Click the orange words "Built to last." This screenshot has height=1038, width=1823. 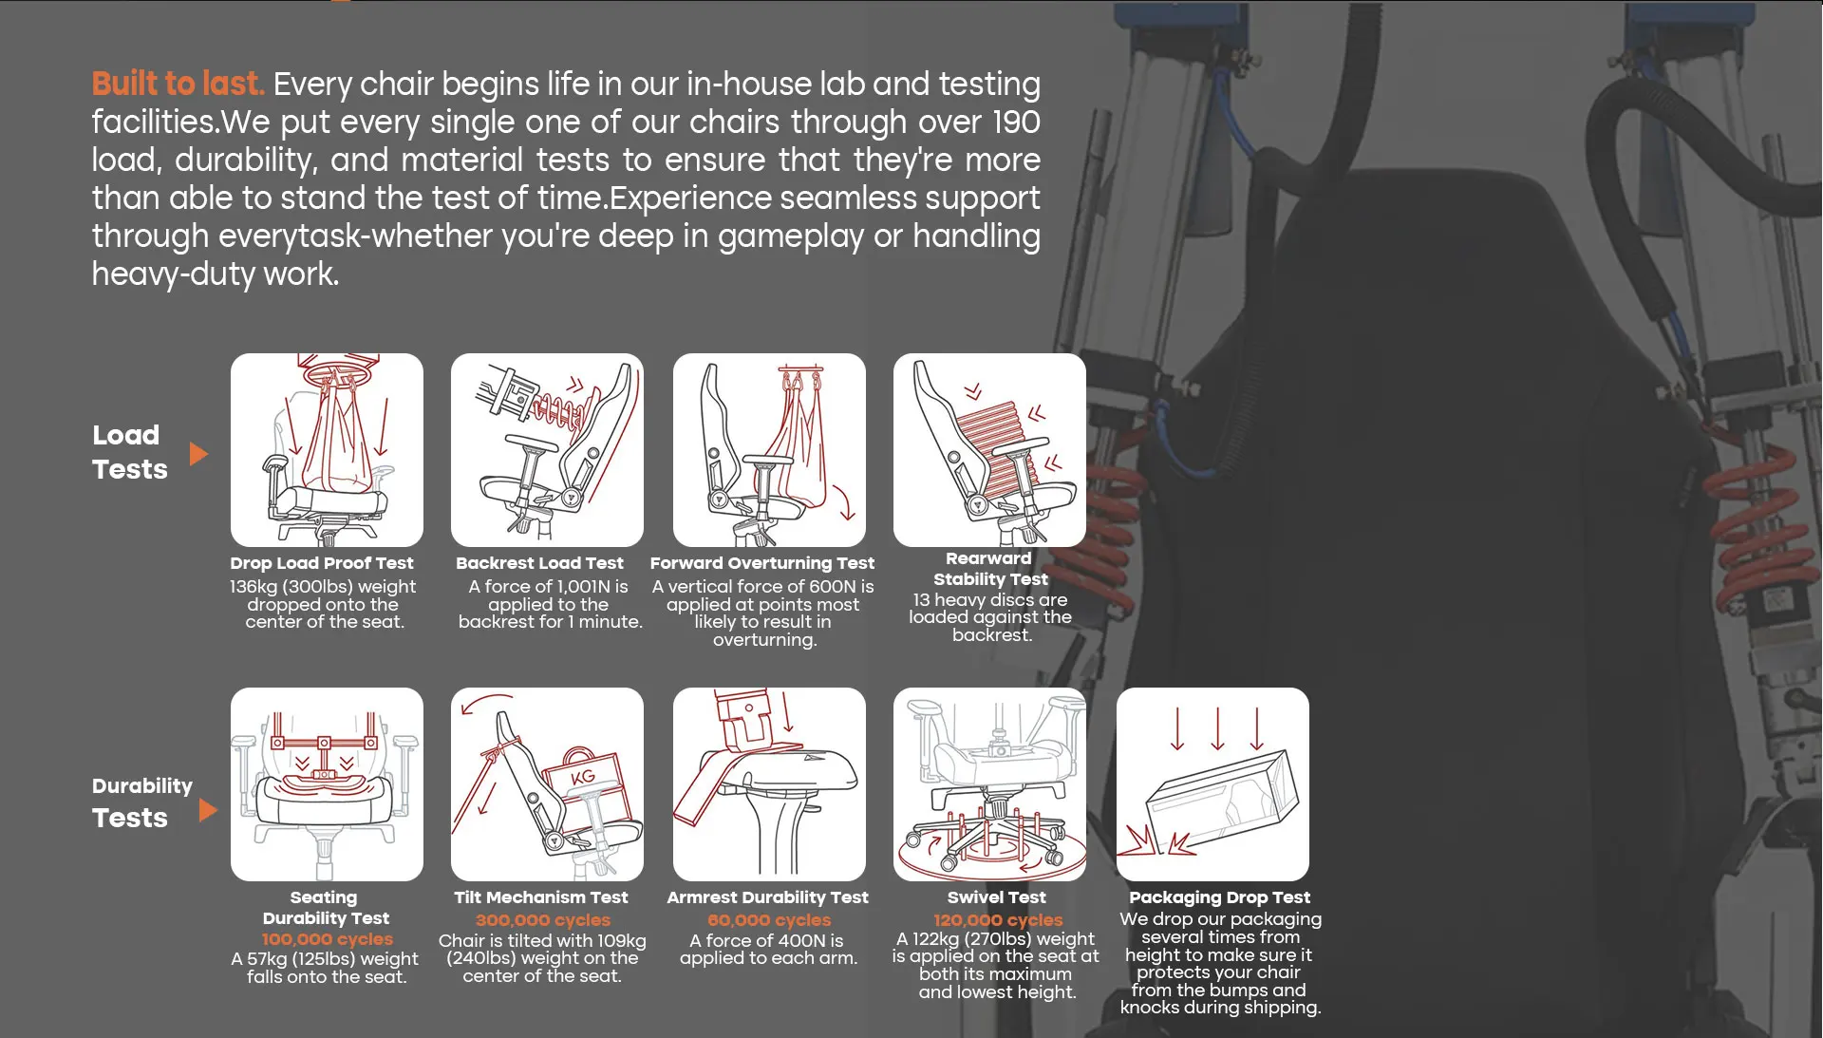click(x=178, y=84)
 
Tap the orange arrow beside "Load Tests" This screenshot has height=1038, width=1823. click(x=198, y=453)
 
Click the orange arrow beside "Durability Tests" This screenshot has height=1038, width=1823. click(x=208, y=810)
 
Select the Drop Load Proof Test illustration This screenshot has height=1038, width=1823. click(x=327, y=450)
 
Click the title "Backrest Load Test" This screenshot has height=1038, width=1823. click(x=539, y=563)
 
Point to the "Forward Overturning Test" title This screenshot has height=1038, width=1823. click(x=762, y=563)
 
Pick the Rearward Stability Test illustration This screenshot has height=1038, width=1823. click(x=989, y=450)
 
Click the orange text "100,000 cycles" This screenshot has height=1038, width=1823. click(x=328, y=939)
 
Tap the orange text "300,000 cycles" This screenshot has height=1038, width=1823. click(x=543, y=920)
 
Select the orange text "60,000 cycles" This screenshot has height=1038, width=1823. click(x=769, y=920)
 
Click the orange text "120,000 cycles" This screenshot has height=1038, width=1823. click(x=998, y=920)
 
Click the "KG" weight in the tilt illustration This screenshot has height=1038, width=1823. click(x=583, y=777)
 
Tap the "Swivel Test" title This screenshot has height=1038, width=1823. click(x=996, y=897)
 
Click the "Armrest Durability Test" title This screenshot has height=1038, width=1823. click(x=767, y=897)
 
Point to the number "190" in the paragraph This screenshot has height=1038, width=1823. click(x=1016, y=123)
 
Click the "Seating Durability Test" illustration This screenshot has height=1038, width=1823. click(x=327, y=784)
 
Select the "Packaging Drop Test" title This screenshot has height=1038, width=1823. click(x=1219, y=897)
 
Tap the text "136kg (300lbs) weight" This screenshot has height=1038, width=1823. click(x=323, y=587)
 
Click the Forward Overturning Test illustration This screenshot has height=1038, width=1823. click(x=769, y=450)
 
